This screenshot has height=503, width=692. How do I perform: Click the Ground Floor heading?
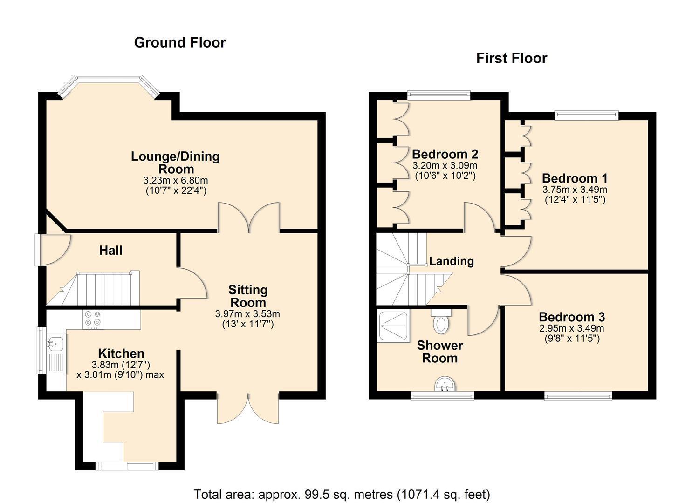click(180, 42)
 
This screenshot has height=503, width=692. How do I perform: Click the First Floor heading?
click(512, 58)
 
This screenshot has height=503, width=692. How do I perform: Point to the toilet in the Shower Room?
click(441, 321)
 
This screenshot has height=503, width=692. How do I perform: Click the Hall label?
click(111, 250)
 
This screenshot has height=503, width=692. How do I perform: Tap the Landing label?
click(452, 261)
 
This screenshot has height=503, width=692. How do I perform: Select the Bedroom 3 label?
click(572, 317)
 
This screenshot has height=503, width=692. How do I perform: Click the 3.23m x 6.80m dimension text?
click(176, 180)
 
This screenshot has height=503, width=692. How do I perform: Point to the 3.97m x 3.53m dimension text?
click(247, 314)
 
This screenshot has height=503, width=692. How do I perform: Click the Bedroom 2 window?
click(438, 95)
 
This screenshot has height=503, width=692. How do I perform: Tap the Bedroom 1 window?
click(587, 115)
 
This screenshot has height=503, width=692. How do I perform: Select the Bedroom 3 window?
click(578, 396)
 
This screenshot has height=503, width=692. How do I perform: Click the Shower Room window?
click(442, 396)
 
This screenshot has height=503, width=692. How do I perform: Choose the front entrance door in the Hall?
click(53, 250)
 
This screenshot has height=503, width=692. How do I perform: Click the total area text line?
click(342, 494)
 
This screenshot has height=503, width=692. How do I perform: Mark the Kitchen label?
click(121, 353)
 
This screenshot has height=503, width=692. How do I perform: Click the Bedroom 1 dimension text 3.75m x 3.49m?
click(575, 189)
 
